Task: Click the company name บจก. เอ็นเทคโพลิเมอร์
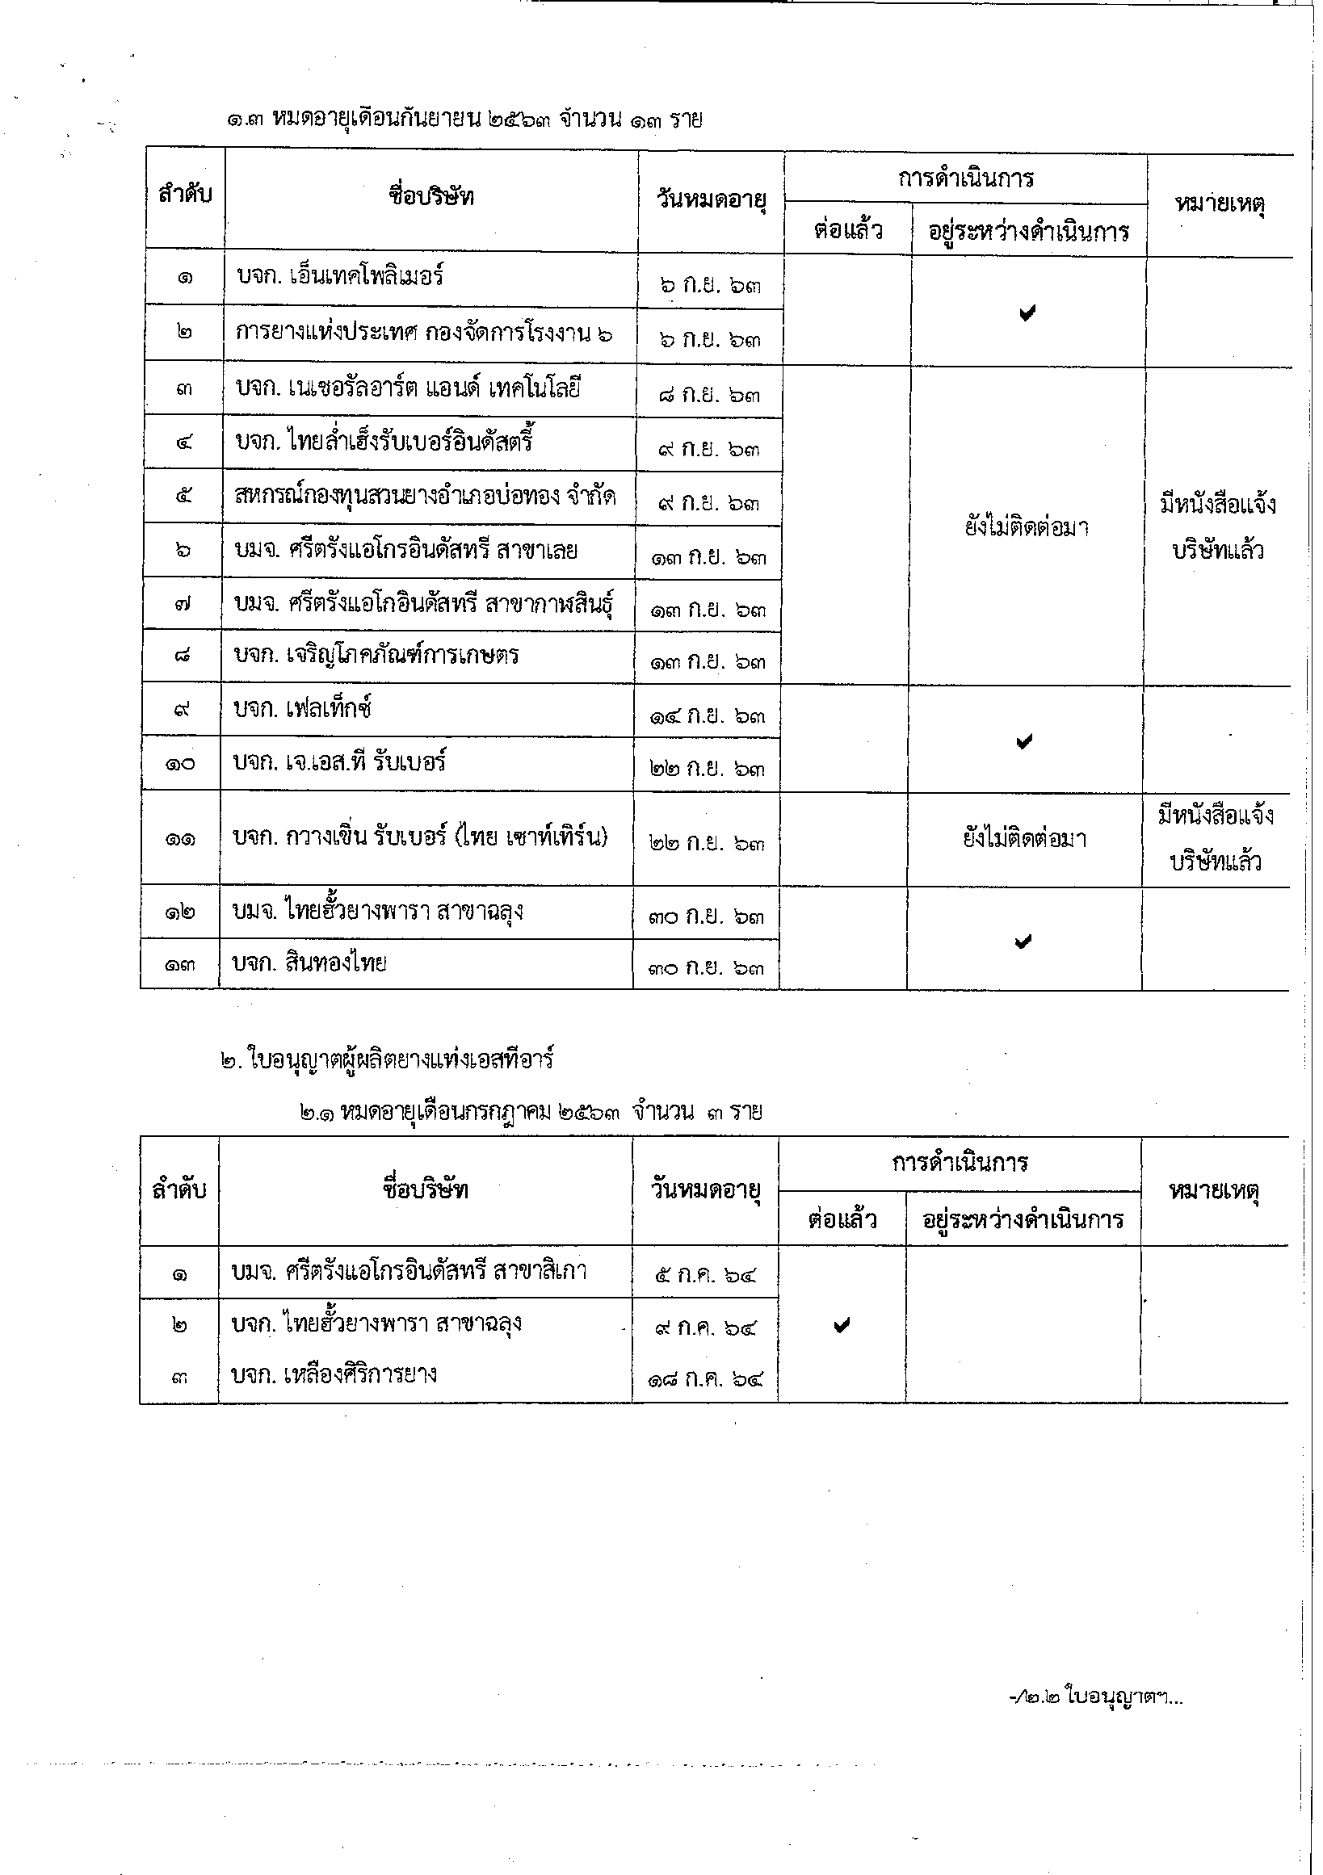340,276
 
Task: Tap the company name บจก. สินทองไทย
310,963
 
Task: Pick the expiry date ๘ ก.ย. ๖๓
709,395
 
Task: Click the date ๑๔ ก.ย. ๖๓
708,717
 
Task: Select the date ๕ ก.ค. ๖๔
707,1274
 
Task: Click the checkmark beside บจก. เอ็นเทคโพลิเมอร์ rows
1027,312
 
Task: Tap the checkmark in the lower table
842,1326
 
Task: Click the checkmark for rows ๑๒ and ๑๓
1023,942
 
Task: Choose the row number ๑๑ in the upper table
180,840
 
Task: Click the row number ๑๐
180,766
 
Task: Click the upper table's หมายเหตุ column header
1220,203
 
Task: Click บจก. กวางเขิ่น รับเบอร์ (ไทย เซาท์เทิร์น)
421,837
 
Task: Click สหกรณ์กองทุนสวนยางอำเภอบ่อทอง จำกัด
426,495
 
